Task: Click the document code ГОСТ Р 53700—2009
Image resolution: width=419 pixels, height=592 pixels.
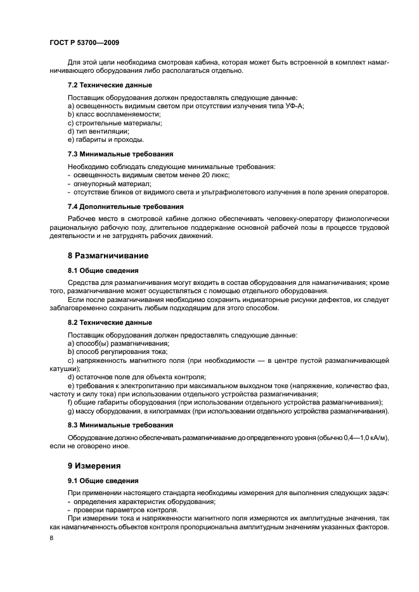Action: pos(84,42)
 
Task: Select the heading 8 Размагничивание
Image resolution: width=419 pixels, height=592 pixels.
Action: pos(108,256)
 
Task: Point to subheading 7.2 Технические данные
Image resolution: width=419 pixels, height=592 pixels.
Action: pos(109,85)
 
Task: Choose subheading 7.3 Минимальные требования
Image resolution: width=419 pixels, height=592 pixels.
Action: pos(120,154)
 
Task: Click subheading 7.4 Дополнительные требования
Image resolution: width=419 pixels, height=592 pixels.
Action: pos(126,206)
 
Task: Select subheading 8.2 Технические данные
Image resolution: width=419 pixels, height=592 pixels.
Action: pos(109,322)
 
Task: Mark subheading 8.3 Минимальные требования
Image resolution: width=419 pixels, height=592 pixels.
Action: pos(120,425)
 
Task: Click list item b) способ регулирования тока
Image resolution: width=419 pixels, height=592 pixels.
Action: pos(117,351)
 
